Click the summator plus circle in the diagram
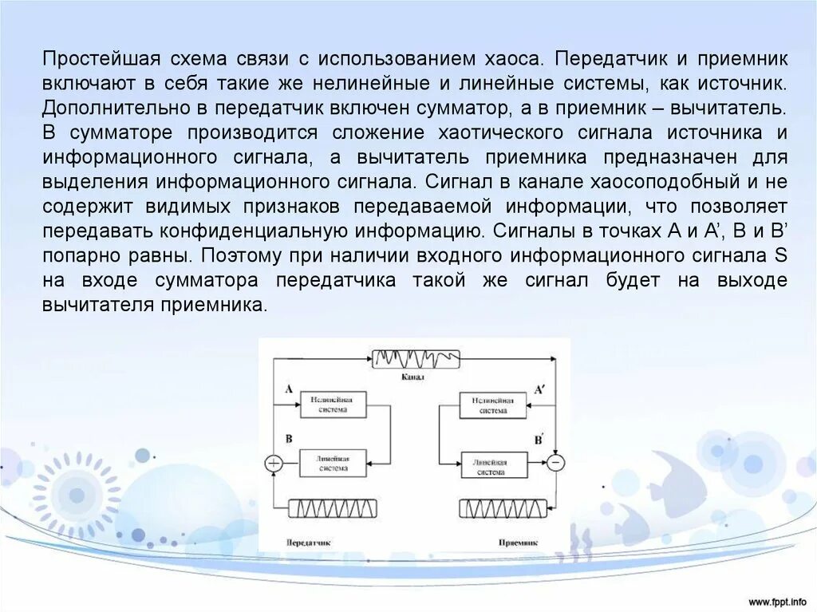click(x=273, y=463)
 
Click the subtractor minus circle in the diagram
click(x=556, y=463)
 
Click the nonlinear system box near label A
click(x=333, y=405)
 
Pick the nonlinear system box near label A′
click(x=493, y=405)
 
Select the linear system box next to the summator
click(x=333, y=464)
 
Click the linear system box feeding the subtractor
click(x=493, y=464)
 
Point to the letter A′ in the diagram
click(x=539, y=390)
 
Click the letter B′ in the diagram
click(x=539, y=439)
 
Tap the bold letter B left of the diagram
click(x=288, y=440)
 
